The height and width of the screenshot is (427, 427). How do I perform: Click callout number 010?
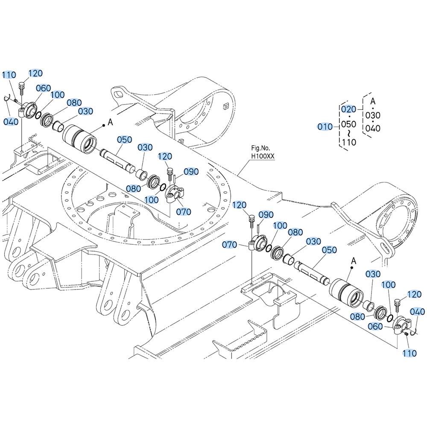[325, 127]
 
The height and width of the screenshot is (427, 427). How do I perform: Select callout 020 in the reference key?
[348, 109]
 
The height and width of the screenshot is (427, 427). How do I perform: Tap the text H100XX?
[263, 156]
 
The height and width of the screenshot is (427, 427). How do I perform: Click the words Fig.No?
[260, 148]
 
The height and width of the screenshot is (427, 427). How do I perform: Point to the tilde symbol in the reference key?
[348, 133]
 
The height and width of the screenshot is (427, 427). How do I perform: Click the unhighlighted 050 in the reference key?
[348, 124]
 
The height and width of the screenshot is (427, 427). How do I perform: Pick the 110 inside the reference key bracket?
[349, 142]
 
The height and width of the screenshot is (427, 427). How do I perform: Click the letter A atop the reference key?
[373, 101]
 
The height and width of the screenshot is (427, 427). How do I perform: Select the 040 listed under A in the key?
[373, 128]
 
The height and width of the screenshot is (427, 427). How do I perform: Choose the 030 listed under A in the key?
[373, 115]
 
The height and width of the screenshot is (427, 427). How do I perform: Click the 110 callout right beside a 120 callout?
[9, 75]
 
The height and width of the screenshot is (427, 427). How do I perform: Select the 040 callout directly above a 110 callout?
[417, 312]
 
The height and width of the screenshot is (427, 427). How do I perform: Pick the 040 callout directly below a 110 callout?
[11, 121]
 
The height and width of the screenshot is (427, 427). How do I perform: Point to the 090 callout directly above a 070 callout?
[191, 172]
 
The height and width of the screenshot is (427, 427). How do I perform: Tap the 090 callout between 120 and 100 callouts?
[266, 215]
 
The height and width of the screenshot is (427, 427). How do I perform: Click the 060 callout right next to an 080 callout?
[375, 326]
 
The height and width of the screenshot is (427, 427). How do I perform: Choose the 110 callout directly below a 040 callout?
[409, 353]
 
